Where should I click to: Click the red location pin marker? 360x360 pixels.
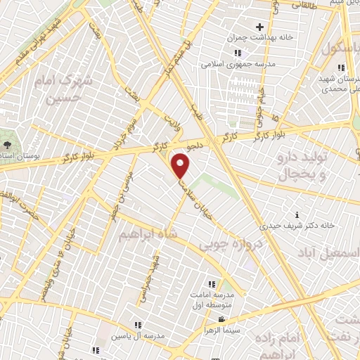[181, 166]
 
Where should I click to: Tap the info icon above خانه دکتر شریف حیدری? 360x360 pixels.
[297, 214]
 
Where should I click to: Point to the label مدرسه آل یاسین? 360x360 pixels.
[138, 335]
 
